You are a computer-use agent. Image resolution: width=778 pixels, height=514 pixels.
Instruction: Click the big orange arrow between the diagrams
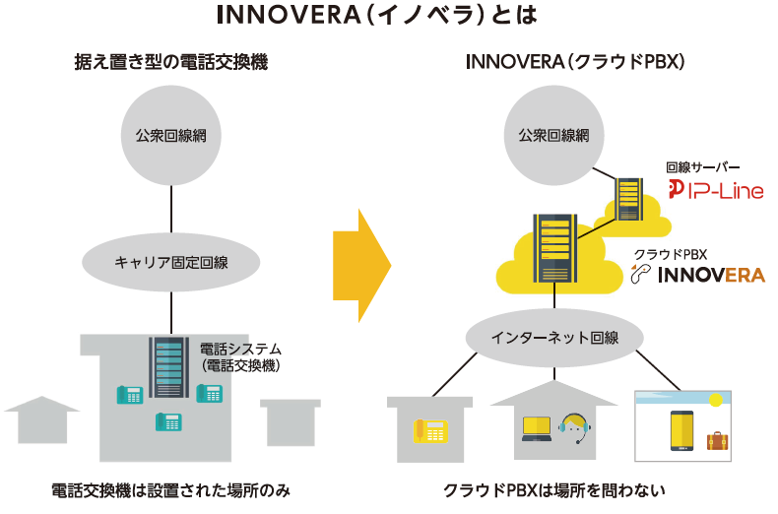point(362,266)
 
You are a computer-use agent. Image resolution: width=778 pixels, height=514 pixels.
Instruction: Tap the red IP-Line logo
point(716,190)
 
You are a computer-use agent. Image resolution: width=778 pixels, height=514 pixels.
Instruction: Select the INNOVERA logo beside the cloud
point(698,274)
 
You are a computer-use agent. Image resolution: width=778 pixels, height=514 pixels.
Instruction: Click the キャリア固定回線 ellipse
point(171,262)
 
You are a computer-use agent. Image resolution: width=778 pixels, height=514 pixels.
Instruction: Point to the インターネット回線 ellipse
point(554,338)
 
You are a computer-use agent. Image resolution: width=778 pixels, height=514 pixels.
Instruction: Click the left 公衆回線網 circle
point(171,136)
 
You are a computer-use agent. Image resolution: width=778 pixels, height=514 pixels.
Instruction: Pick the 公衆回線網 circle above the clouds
point(554,136)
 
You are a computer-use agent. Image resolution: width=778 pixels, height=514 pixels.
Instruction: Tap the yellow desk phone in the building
point(430,430)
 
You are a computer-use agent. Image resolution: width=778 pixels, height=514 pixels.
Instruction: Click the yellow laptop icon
point(537,429)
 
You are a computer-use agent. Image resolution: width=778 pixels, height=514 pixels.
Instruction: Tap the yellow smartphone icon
point(682,430)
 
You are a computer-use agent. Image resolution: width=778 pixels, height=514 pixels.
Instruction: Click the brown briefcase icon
point(718,441)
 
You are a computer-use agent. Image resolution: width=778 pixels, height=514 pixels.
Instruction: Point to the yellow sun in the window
point(716,400)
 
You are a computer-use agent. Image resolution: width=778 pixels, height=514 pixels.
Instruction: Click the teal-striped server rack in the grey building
point(168,367)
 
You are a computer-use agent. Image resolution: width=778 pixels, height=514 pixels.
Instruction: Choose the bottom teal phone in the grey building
point(168,422)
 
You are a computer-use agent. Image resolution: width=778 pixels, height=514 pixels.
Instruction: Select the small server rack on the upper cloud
point(628,199)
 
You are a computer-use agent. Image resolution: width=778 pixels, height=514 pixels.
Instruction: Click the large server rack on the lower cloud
point(554,248)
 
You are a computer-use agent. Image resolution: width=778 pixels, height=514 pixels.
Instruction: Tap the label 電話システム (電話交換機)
point(240,357)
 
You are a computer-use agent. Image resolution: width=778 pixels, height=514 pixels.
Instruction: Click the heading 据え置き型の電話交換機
point(171,62)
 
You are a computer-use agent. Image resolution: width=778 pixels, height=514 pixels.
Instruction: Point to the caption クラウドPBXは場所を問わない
point(554,490)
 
